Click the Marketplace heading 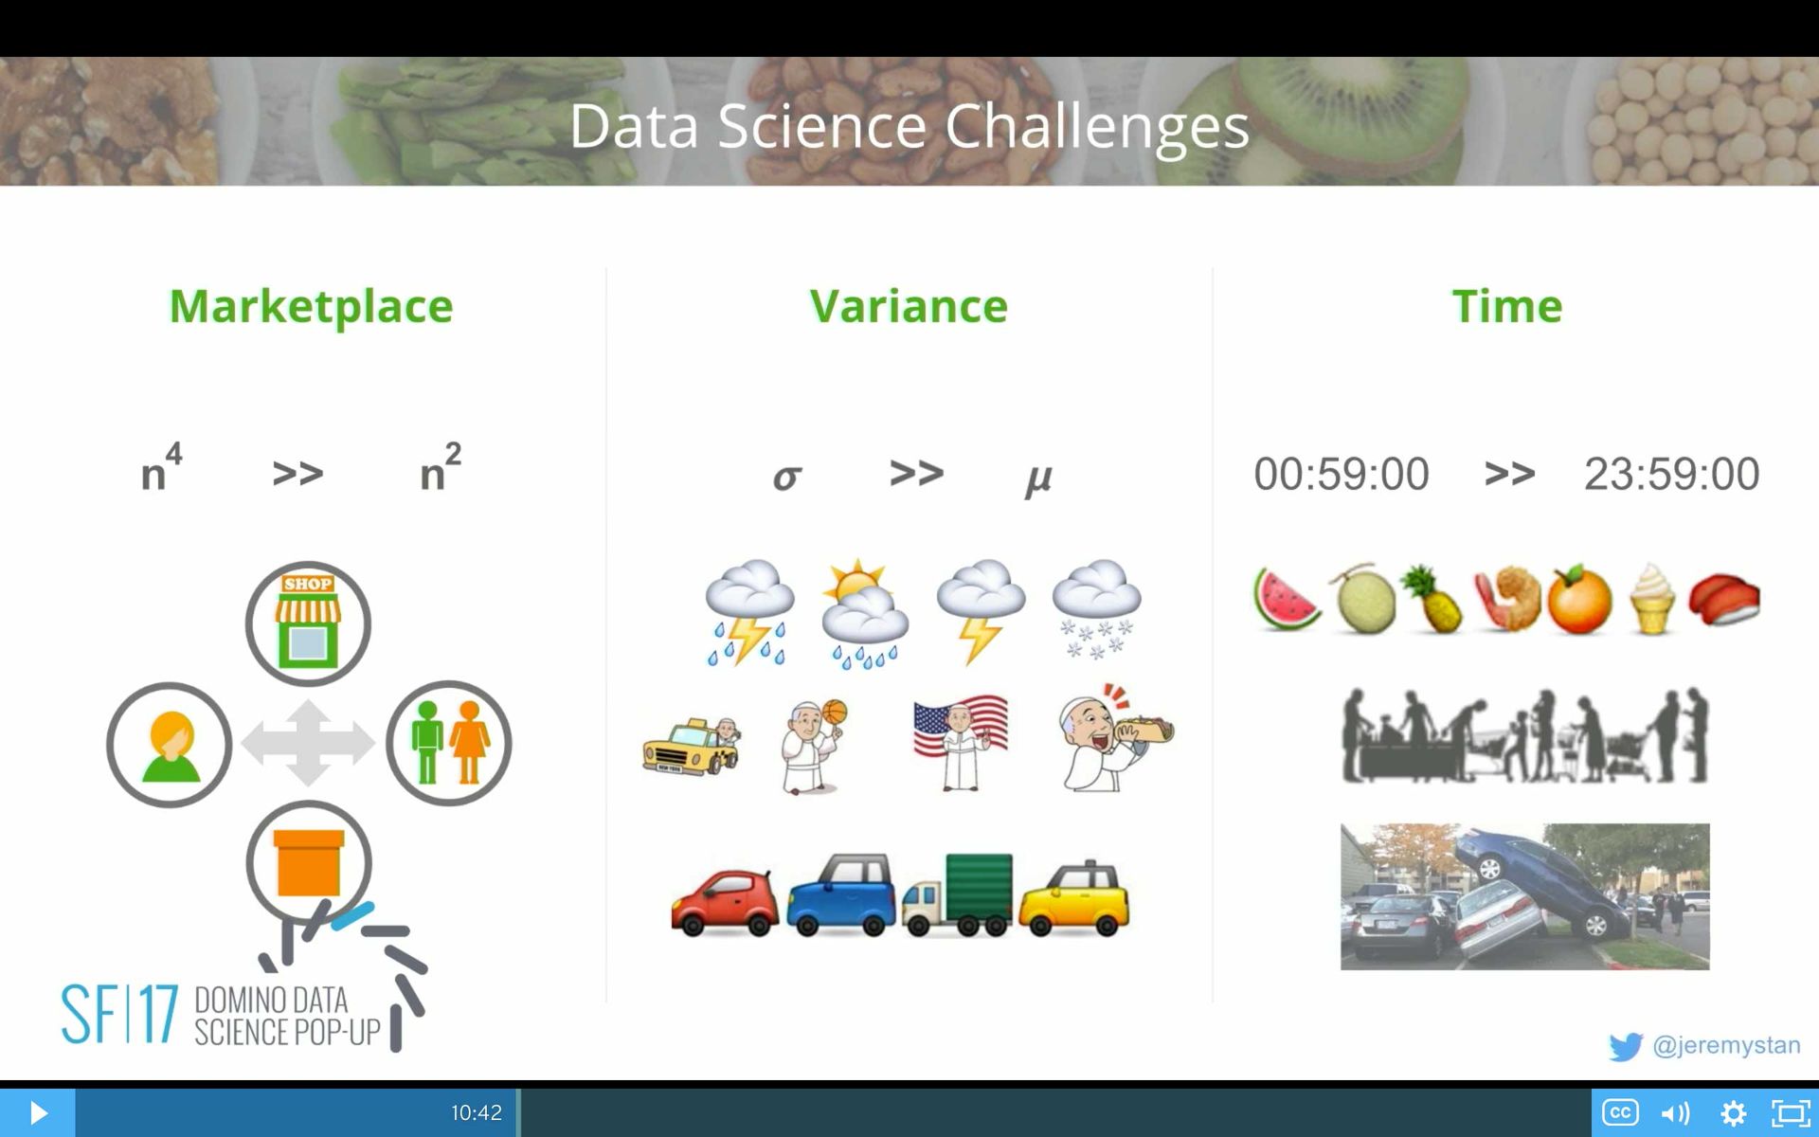pyautogui.click(x=311, y=306)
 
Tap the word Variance pyautogui.click(x=909, y=306)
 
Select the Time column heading pyautogui.click(x=1506, y=306)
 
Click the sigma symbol pyautogui.click(x=786, y=477)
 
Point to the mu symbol pyautogui.click(x=1038, y=478)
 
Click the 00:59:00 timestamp pyautogui.click(x=1341, y=474)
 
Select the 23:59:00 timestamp pyautogui.click(x=1671, y=474)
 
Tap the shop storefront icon pyautogui.click(x=308, y=623)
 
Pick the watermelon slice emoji pyautogui.click(x=1286, y=600)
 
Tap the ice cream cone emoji pyautogui.click(x=1652, y=599)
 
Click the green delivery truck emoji pyautogui.click(x=957, y=895)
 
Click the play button pyautogui.click(x=38, y=1112)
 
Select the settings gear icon pyautogui.click(x=1733, y=1112)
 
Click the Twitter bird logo pyautogui.click(x=1625, y=1046)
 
